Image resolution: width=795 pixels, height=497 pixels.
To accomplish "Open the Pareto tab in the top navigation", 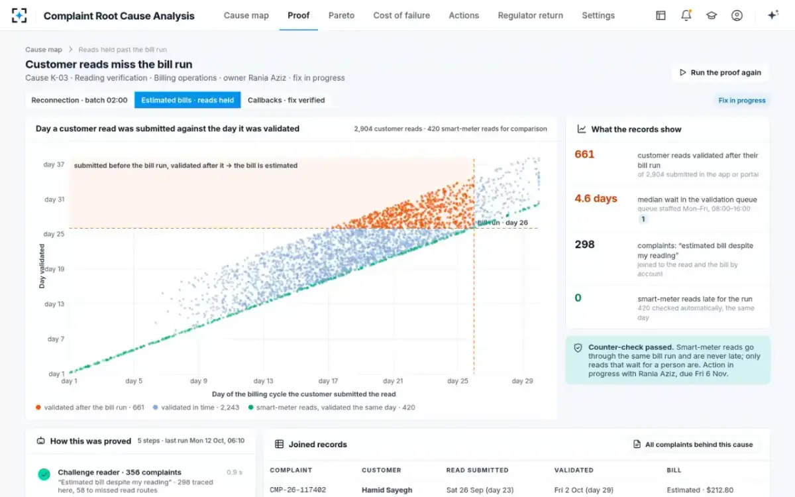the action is coord(341,16).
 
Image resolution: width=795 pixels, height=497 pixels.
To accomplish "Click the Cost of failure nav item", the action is coord(401,16).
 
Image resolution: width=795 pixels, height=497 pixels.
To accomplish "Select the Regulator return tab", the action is coord(530,16).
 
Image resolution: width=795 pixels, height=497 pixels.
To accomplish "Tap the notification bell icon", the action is coord(686,15).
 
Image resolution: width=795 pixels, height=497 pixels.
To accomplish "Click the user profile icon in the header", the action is coord(737,15).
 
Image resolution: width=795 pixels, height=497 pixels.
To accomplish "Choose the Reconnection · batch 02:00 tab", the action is coord(79,100).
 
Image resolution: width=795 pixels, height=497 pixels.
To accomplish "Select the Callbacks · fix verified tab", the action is coord(286,100).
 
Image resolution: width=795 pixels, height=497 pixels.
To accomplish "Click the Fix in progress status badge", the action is coord(742,101).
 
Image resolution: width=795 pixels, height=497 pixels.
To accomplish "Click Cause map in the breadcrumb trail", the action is coord(44,49).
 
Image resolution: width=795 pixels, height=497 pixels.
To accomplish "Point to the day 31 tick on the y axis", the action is coord(54,199).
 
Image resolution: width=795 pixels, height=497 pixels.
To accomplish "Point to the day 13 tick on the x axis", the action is coord(264,381).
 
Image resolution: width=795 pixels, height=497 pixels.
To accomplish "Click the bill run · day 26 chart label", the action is coord(503,223).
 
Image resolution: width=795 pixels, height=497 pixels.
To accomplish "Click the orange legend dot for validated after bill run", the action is coord(38,407).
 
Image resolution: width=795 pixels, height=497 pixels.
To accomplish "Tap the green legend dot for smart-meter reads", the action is coord(251,407).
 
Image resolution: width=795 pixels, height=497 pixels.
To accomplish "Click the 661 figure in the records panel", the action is coord(584,154).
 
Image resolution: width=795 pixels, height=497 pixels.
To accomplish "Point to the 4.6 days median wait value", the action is coord(596,198).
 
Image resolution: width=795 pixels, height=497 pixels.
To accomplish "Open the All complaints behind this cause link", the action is coord(693,445).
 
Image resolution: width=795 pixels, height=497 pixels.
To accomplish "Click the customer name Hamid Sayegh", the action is coord(387,490).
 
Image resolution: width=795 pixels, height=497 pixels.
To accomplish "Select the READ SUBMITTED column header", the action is coord(478,470).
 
